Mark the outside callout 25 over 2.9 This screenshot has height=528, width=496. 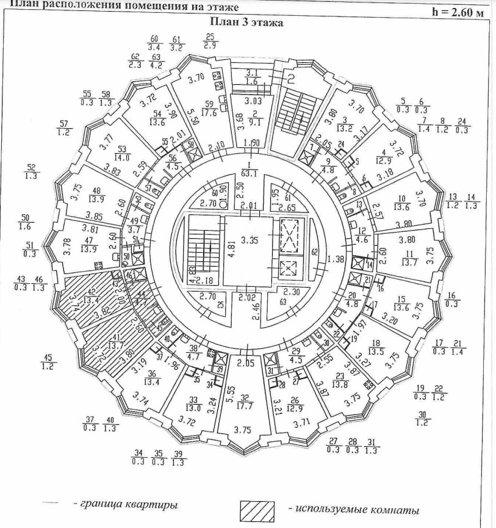pos(210,42)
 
